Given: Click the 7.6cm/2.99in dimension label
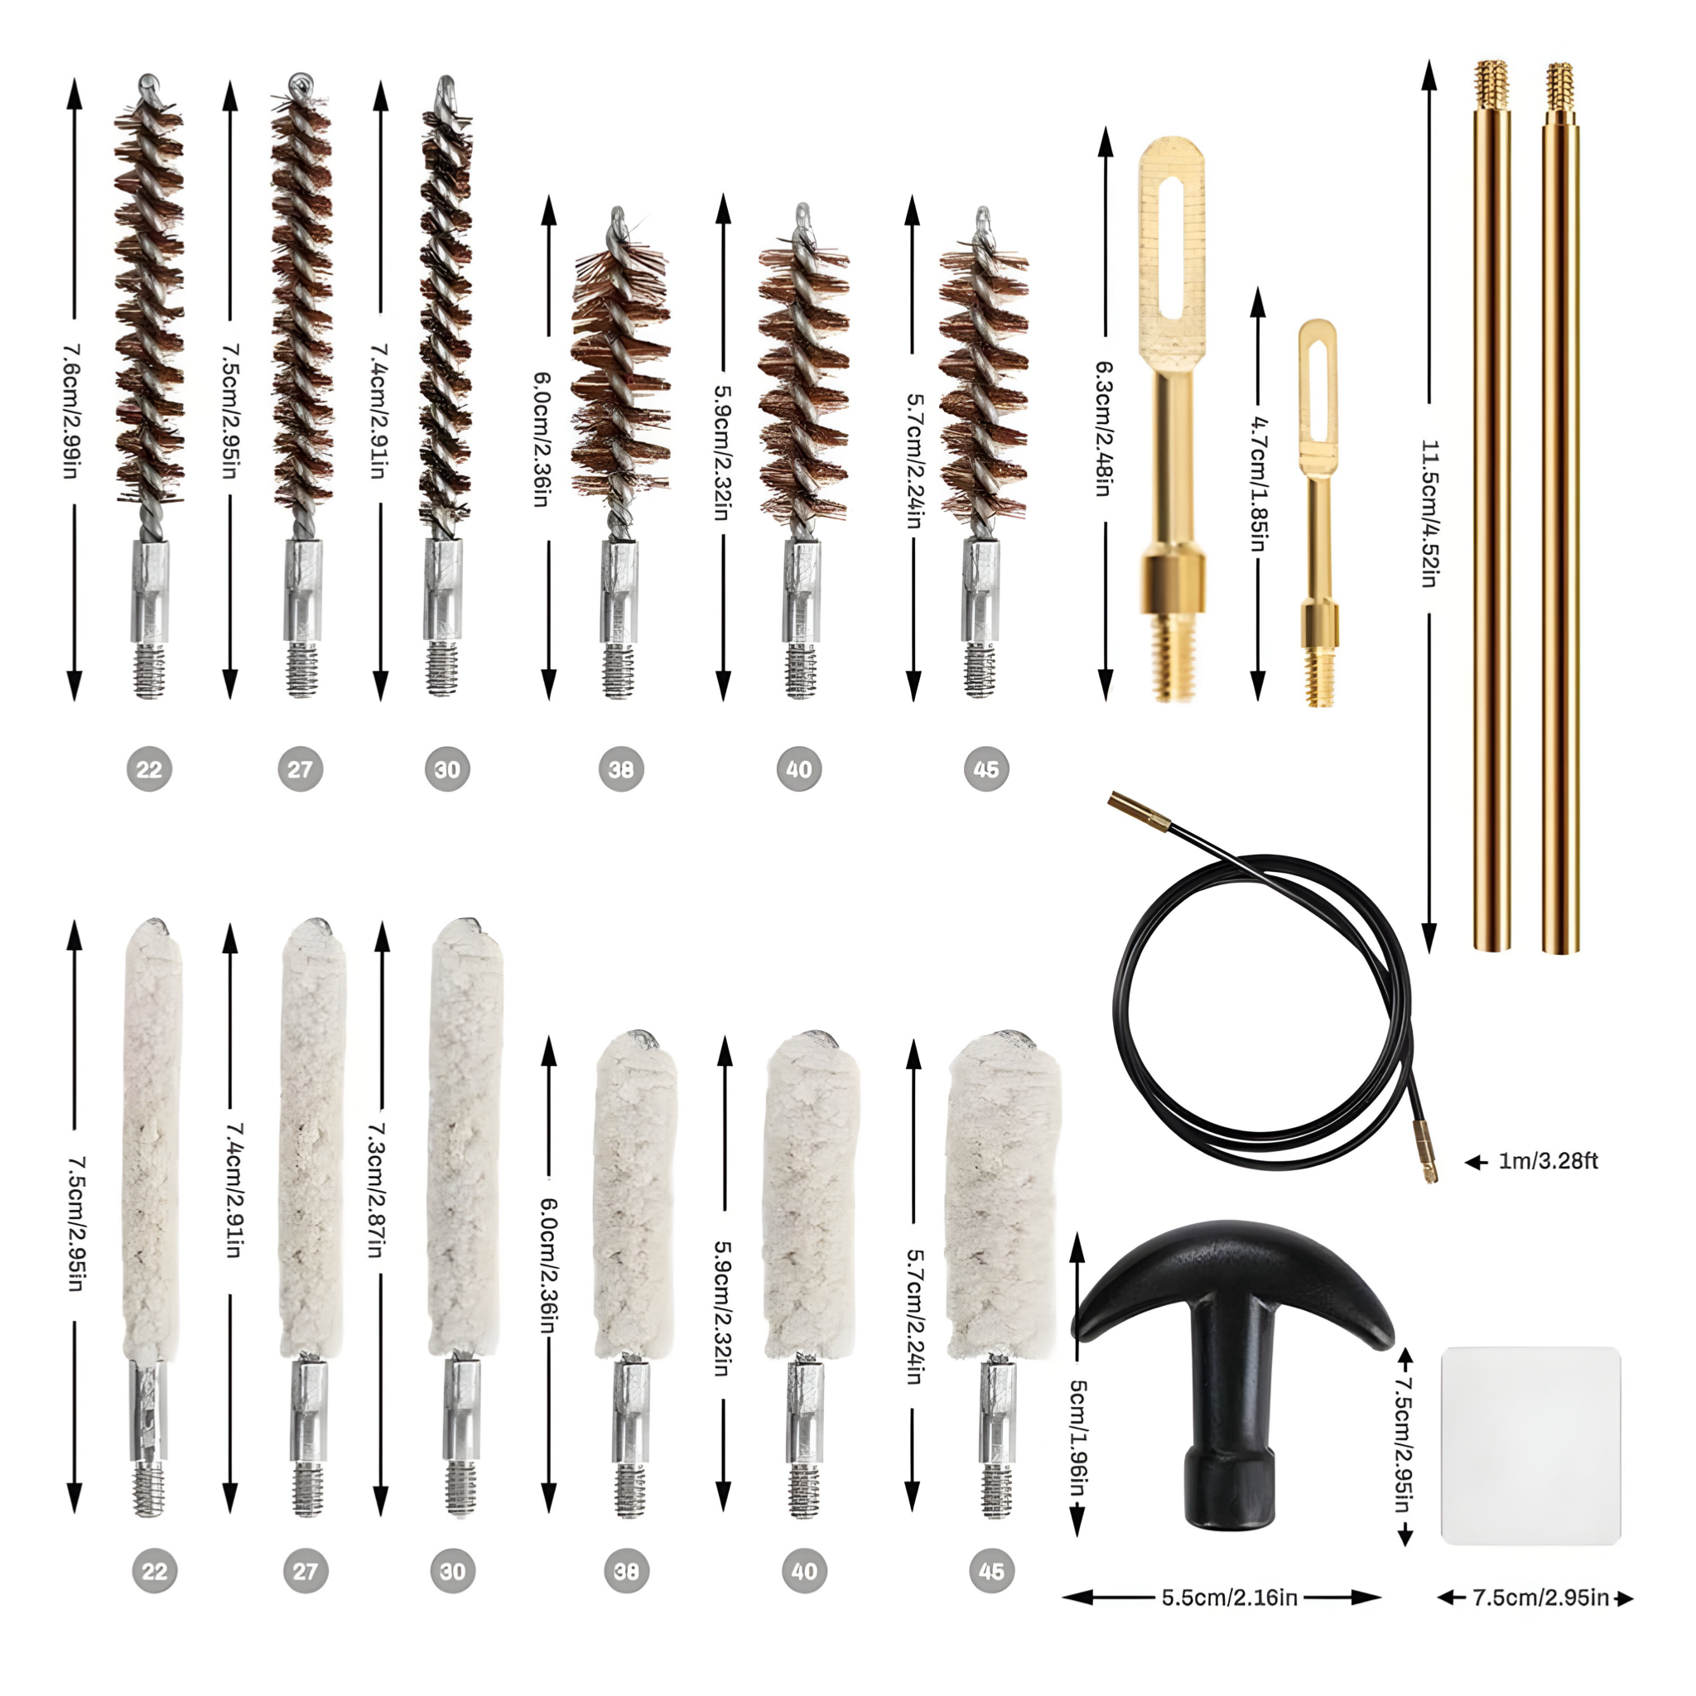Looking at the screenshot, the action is click(72, 411).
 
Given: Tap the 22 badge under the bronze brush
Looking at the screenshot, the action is click(149, 769).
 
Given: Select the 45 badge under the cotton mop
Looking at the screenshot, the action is click(992, 1570).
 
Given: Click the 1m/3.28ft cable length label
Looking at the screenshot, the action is click(1548, 1160).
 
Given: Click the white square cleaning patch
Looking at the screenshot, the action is click(1531, 1445).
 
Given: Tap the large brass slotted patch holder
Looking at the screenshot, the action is click(1171, 419).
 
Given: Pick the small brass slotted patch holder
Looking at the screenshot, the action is click(1318, 512).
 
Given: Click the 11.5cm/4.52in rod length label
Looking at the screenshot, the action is click(1430, 513).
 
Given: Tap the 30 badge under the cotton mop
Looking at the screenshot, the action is click(453, 1570).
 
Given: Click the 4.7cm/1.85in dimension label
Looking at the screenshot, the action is click(1258, 484).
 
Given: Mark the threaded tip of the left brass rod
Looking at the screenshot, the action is click(1491, 84).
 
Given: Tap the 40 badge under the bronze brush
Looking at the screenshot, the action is click(799, 769).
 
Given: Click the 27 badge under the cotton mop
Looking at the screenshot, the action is click(306, 1570).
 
